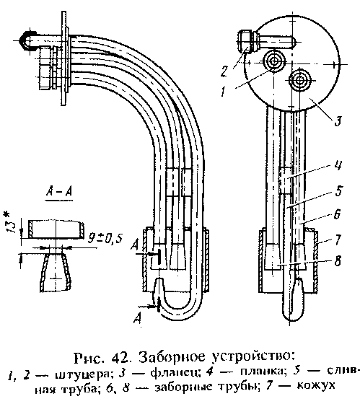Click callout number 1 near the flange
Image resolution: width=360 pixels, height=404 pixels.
coord(224,91)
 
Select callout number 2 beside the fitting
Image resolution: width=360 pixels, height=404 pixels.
coord(224,71)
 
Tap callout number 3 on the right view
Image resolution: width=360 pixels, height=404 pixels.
coord(338,121)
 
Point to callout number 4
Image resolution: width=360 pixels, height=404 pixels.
coord(338,165)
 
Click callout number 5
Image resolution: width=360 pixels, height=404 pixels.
coord(338,190)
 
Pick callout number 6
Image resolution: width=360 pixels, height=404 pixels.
coord(337,214)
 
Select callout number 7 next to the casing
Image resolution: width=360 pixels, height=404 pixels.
coord(338,240)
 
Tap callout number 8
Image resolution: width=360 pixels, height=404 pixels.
coord(338,260)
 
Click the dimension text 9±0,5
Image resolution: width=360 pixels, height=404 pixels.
coord(105,239)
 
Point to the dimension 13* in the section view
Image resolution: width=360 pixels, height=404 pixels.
coord(9,222)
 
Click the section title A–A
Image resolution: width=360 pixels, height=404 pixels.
coord(59,192)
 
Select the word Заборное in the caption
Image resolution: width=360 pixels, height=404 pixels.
coord(173,357)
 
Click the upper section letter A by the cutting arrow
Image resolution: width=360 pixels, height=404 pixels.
coord(135,245)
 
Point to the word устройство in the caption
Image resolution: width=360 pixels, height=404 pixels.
coord(253,357)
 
